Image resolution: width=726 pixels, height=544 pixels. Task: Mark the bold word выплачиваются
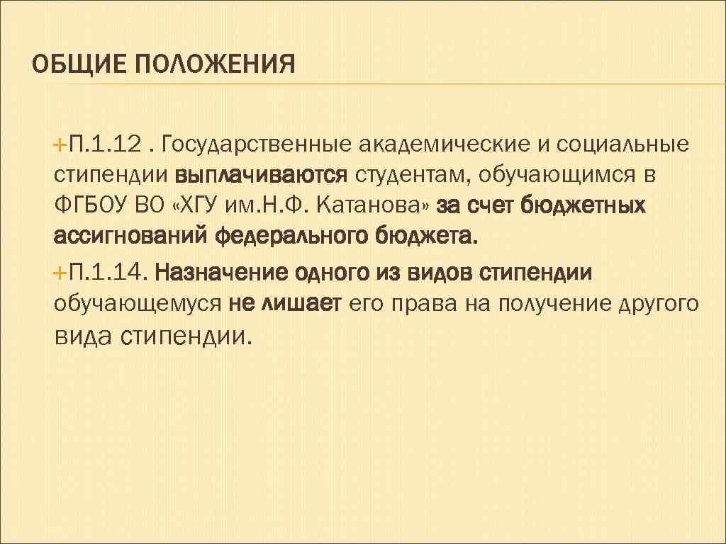(x=262, y=174)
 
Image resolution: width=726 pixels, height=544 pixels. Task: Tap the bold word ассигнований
(x=129, y=235)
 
